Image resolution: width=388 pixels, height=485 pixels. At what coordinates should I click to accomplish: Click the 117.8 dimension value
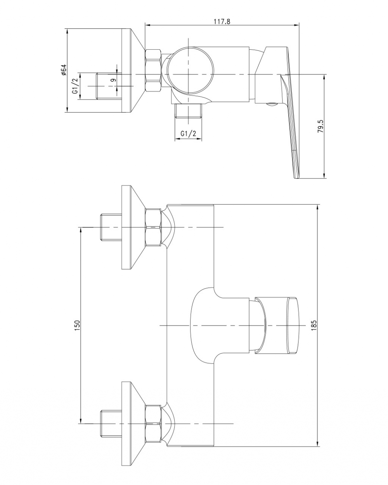pos(222,21)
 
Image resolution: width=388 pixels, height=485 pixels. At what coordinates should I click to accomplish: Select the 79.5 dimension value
pos(320,126)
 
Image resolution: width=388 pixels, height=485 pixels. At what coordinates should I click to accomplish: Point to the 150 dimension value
pos(77,325)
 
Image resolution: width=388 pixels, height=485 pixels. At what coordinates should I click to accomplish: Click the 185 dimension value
pos(314,325)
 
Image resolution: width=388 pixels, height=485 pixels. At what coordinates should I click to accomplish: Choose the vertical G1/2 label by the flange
pos(75,86)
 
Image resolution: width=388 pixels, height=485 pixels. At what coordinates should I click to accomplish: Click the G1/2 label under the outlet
pos(188,133)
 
